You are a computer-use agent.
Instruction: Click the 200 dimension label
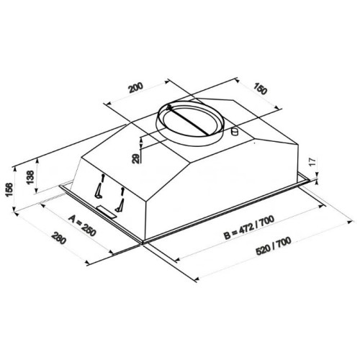coord(136,88)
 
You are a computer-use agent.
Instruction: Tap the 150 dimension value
coord(260,89)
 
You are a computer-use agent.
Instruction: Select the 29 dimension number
coord(136,158)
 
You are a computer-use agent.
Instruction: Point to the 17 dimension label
coord(312,162)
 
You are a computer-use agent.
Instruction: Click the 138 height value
coord(30,177)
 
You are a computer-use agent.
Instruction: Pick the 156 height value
coord(9,189)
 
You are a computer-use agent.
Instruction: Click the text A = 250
coord(82,225)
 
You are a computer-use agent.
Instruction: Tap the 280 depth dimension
coord(58,238)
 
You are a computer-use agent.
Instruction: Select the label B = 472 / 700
coord(249,228)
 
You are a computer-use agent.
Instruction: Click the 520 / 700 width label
coord(274,246)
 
